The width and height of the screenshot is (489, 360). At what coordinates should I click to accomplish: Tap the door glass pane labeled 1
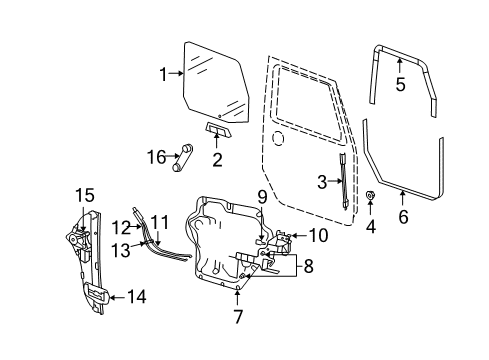click(215, 75)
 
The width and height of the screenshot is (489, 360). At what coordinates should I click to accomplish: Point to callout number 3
click(322, 181)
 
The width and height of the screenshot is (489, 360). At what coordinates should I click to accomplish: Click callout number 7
click(237, 317)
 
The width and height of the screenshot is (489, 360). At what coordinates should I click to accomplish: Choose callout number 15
click(86, 194)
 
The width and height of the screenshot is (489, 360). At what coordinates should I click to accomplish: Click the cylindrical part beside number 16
click(183, 157)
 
